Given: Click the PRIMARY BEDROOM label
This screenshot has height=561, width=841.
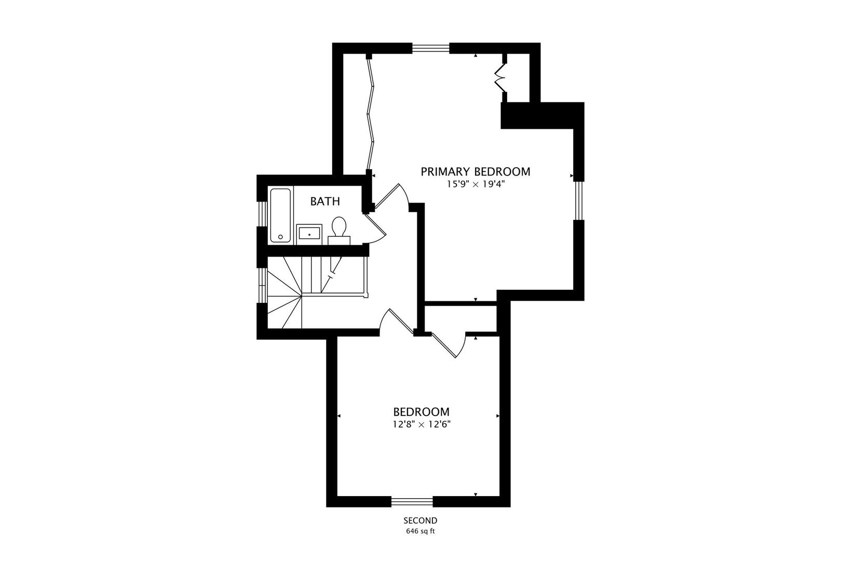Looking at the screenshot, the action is click(476, 172).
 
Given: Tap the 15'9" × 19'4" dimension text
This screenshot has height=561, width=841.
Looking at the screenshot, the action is click(476, 184).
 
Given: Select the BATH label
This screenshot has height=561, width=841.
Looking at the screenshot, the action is click(325, 202).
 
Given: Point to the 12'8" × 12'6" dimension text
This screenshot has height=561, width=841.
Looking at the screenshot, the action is click(422, 424).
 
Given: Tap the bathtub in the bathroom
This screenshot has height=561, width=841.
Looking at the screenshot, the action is click(280, 215).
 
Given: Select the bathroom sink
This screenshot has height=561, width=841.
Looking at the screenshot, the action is click(309, 234).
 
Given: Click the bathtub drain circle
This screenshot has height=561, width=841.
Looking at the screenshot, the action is click(280, 237).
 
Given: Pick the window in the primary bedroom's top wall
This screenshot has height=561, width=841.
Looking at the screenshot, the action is click(431, 48).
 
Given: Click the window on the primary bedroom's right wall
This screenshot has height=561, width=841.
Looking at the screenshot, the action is click(579, 201).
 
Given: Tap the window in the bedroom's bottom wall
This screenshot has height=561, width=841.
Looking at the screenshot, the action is click(412, 502).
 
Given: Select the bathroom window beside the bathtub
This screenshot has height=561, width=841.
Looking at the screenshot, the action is click(262, 214).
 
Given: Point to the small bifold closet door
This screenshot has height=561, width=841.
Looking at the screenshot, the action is click(500, 78).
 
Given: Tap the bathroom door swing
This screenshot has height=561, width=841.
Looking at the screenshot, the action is click(375, 229).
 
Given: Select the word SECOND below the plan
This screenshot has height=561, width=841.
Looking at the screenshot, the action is click(420, 520).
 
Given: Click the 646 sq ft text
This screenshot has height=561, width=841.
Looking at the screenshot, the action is click(420, 531).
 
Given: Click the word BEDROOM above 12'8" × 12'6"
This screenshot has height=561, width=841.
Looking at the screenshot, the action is click(421, 412).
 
